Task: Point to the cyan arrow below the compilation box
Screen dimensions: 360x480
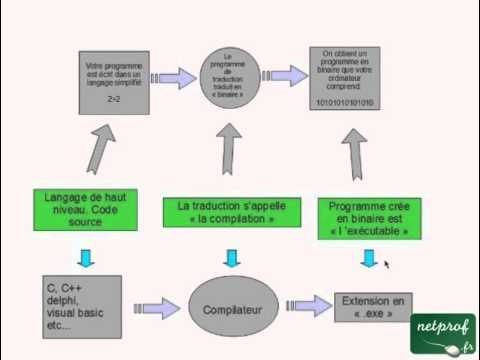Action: pos(232,258)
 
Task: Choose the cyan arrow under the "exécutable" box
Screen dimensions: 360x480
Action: pos(370,257)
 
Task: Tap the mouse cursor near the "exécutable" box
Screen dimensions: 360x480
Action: pos(386,265)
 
